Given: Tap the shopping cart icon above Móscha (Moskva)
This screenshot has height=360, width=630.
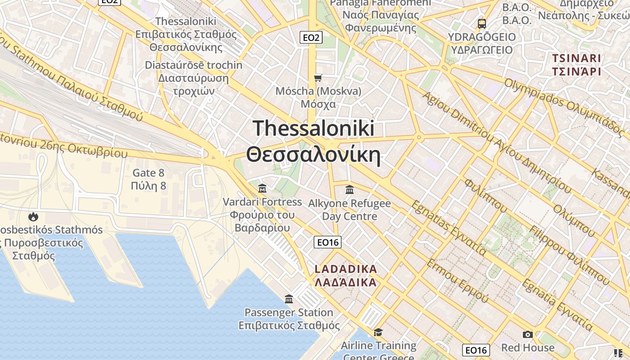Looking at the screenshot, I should [318, 78].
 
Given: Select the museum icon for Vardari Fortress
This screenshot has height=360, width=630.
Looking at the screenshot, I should [262, 188].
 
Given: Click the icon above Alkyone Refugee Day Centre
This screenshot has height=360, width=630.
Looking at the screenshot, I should [350, 190].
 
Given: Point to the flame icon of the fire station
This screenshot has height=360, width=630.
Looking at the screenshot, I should [33, 216].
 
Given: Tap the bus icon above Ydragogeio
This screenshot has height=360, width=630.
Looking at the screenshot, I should [482, 23].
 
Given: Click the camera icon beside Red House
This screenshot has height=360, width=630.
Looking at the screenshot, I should [528, 334].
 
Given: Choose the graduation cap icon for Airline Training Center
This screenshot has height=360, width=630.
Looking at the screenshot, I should [378, 332].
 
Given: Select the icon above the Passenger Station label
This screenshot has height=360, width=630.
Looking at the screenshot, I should [289, 299].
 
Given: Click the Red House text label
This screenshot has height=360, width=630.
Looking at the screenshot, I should [528, 347].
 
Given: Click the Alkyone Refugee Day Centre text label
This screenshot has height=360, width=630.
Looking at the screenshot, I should [350, 210].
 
